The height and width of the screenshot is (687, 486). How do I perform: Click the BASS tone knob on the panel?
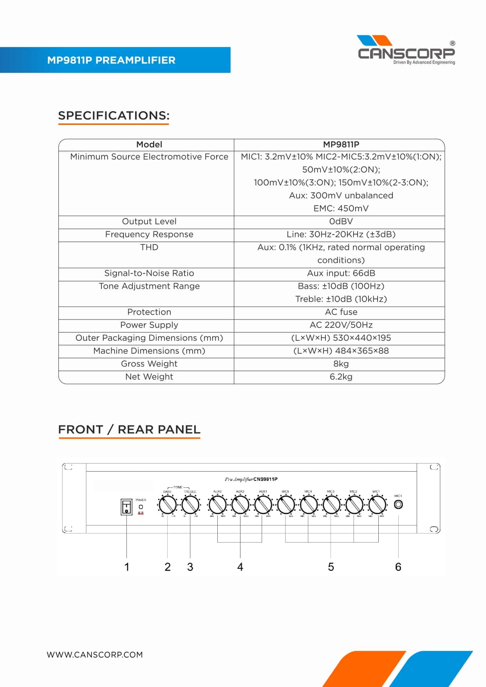click(x=167, y=505)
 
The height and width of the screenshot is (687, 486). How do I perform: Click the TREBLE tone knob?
click(x=190, y=505)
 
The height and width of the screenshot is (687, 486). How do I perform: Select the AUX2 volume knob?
click(x=240, y=505)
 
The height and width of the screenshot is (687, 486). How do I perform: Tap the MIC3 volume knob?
click(x=331, y=505)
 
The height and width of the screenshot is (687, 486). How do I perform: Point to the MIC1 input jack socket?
click(x=398, y=504)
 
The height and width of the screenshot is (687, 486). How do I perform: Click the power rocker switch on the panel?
click(x=126, y=507)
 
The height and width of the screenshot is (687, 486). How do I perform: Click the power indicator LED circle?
click(x=141, y=507)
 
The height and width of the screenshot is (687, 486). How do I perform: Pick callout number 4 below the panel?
click(x=240, y=567)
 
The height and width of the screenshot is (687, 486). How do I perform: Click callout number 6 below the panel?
click(x=398, y=567)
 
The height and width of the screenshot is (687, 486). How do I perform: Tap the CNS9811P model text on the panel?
click(x=265, y=479)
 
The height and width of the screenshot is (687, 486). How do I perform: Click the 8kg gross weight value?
click(x=341, y=364)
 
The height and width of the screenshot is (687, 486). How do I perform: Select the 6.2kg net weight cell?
click(x=341, y=377)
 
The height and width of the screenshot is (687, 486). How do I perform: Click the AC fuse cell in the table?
click(x=341, y=312)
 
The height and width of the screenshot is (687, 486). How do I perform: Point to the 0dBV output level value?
click(x=341, y=222)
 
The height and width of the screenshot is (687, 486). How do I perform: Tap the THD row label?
click(x=149, y=248)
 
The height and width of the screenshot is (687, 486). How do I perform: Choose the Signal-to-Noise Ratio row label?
click(x=149, y=273)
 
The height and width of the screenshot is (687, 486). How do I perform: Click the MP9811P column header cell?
click(x=341, y=145)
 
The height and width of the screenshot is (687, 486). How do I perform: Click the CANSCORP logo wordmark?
click(x=406, y=53)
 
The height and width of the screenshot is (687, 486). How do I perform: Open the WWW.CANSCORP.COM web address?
click(x=95, y=654)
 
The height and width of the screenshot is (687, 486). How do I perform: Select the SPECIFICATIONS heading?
click(x=114, y=116)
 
